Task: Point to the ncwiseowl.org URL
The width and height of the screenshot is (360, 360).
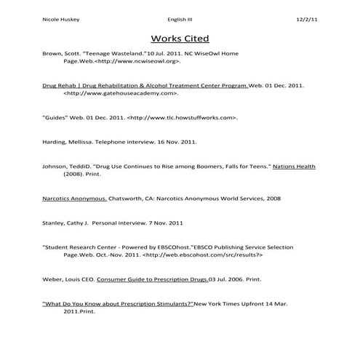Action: [x=137, y=63]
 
